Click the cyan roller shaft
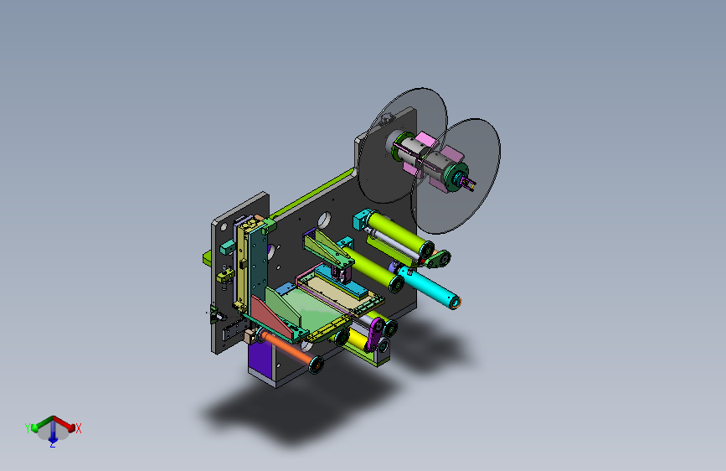coord(428,286)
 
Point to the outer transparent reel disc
coord(456,176)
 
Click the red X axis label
coord(79,428)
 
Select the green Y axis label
coord(28,428)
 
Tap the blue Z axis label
coord(52,444)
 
